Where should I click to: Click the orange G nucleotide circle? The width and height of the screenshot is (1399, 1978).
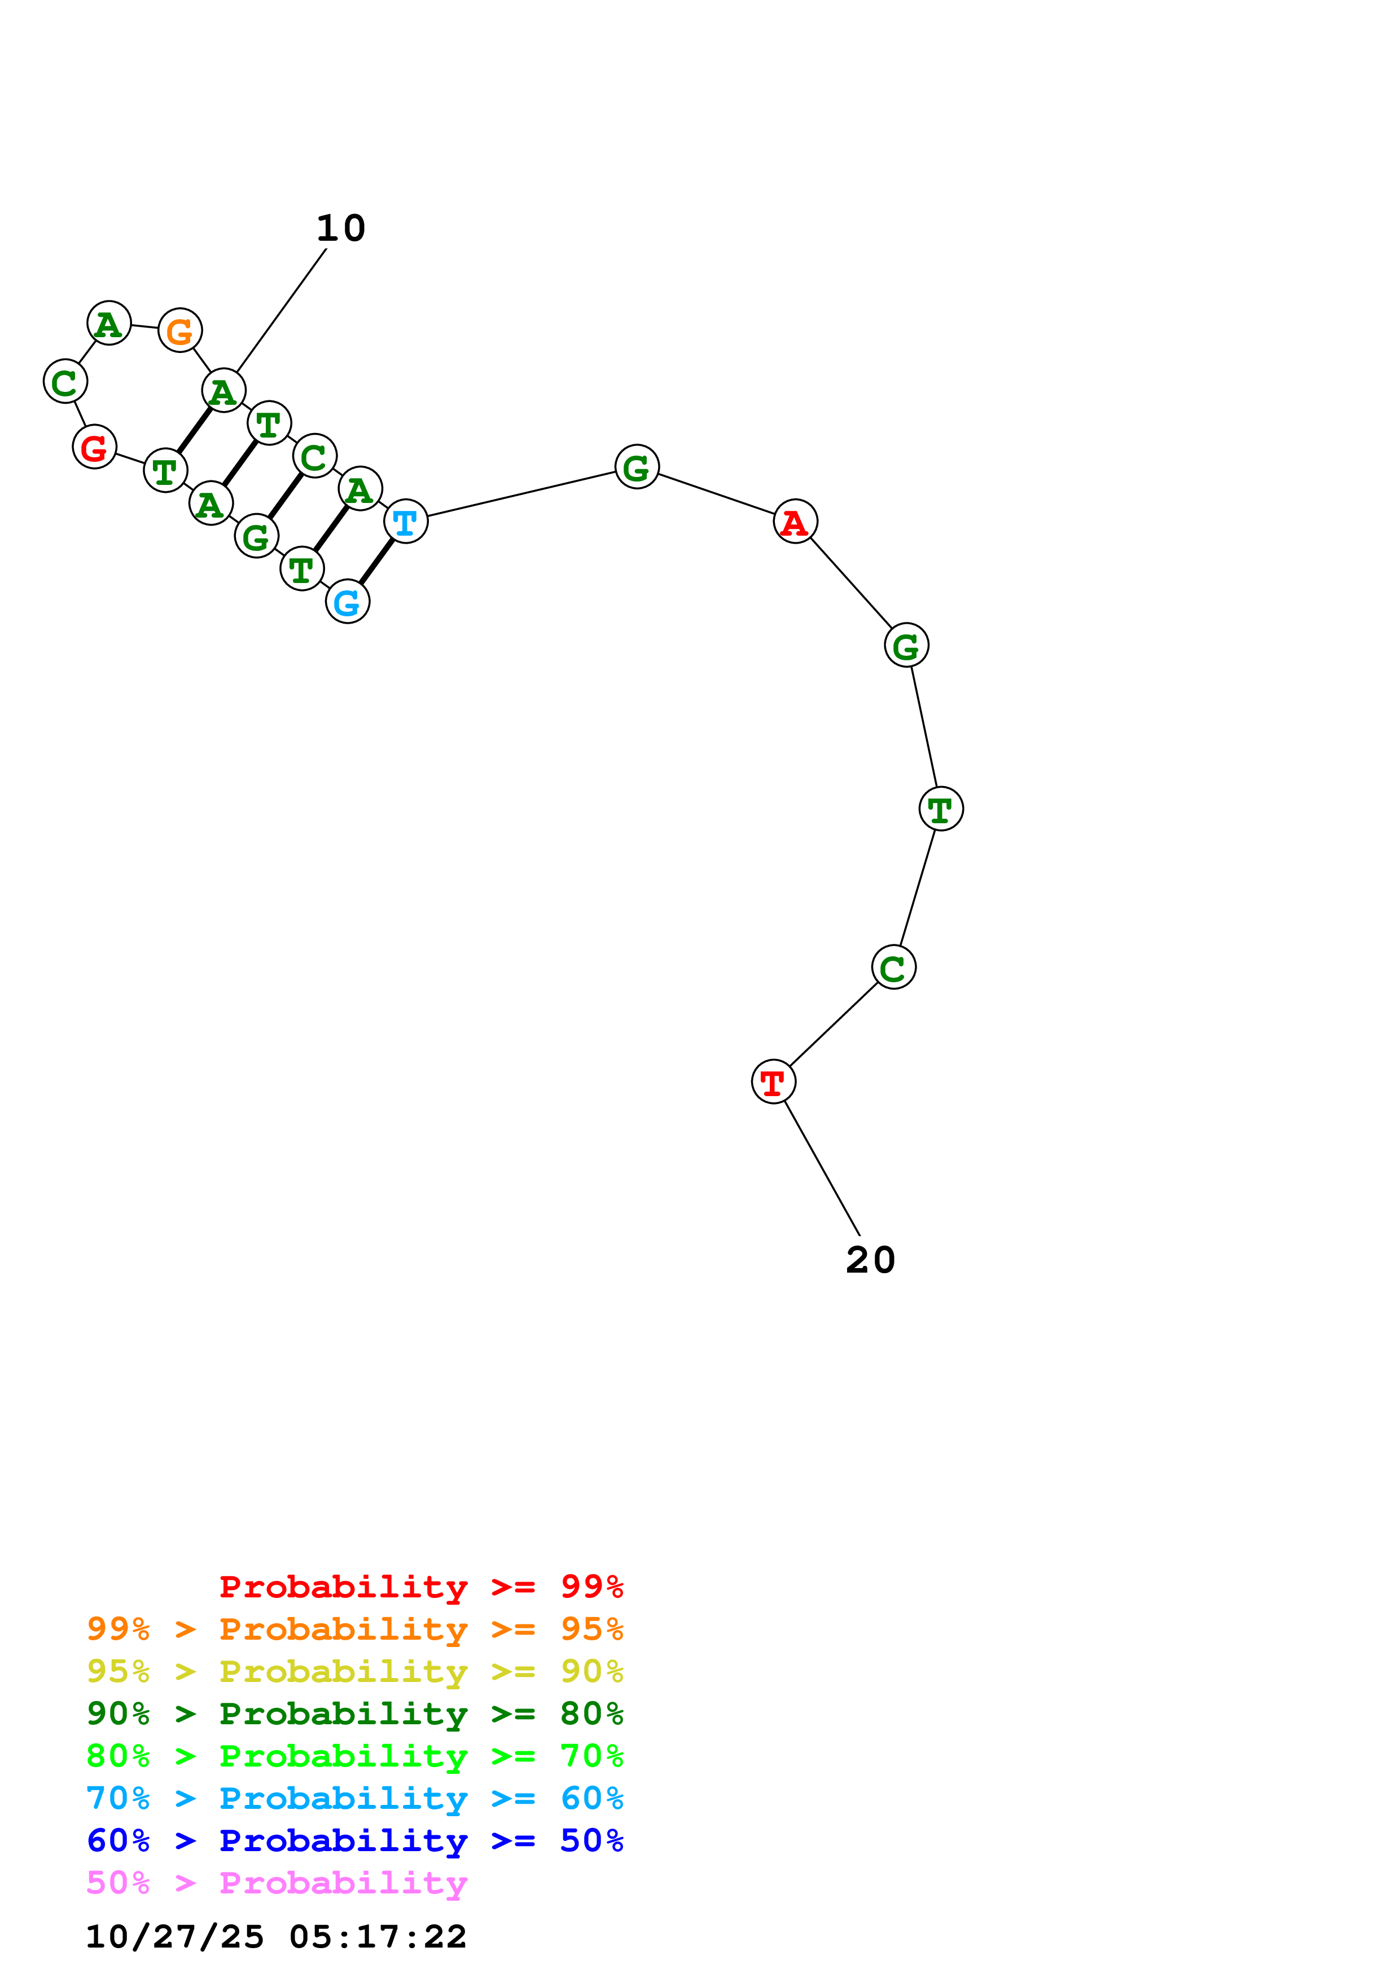tap(180, 330)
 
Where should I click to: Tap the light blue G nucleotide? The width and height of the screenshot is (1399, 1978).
tap(348, 601)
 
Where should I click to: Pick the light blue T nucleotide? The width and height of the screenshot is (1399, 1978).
tap(405, 521)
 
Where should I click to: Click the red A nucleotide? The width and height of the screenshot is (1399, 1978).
tap(795, 521)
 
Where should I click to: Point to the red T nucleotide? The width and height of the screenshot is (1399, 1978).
tap(773, 1081)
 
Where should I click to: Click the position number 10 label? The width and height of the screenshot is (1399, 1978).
tap(341, 228)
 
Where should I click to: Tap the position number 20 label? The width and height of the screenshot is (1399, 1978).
tap(871, 1260)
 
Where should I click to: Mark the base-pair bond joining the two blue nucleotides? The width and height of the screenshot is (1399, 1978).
tap(376, 561)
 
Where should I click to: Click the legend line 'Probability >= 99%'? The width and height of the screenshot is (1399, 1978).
tap(422, 1586)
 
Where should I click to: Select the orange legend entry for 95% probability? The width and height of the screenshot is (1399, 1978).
tap(355, 1628)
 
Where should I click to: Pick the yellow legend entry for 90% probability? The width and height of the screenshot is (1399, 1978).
tap(355, 1671)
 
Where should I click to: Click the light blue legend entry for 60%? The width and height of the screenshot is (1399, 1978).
tap(355, 1798)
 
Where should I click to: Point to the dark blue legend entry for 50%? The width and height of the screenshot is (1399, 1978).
tap(355, 1840)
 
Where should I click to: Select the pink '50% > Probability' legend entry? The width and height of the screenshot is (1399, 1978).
tap(277, 1882)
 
